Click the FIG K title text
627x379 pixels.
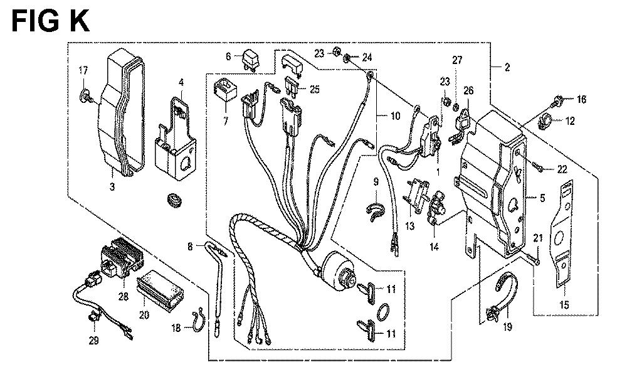[51, 21]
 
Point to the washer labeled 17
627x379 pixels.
[85, 95]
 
